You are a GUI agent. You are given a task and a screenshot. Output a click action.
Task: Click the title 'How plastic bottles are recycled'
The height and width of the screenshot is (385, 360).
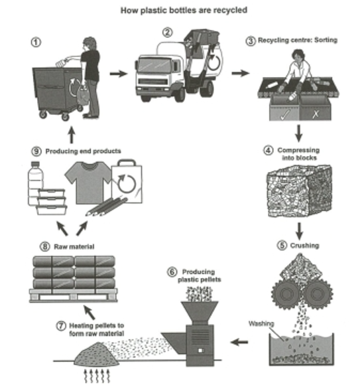(x=179, y=11)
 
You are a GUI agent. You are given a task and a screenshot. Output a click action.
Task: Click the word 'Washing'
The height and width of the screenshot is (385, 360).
(x=260, y=324)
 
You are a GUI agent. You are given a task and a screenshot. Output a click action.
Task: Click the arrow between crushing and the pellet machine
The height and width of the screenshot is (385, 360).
(x=243, y=343)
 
